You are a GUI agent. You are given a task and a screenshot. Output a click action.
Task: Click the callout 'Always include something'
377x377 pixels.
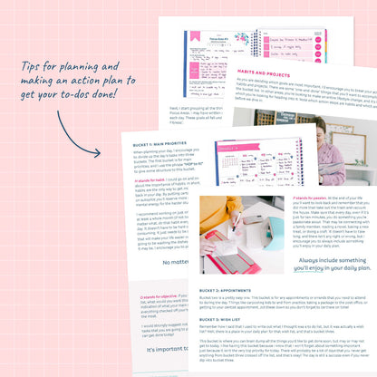(x=317, y=258)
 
